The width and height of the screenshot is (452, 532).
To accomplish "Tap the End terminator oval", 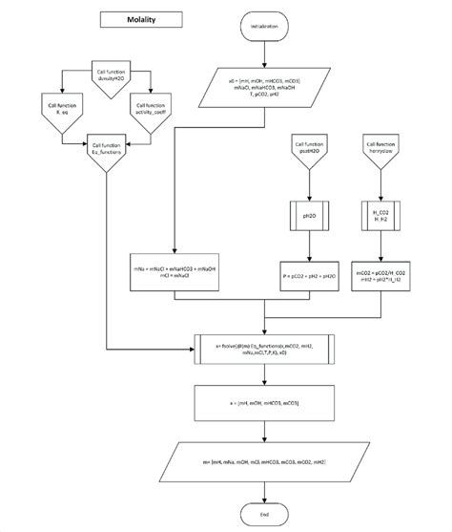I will coord(264,513).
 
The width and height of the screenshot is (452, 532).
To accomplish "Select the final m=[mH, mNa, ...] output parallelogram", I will coord(264,461).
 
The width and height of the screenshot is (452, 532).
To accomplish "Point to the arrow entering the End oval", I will coord(264,492).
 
